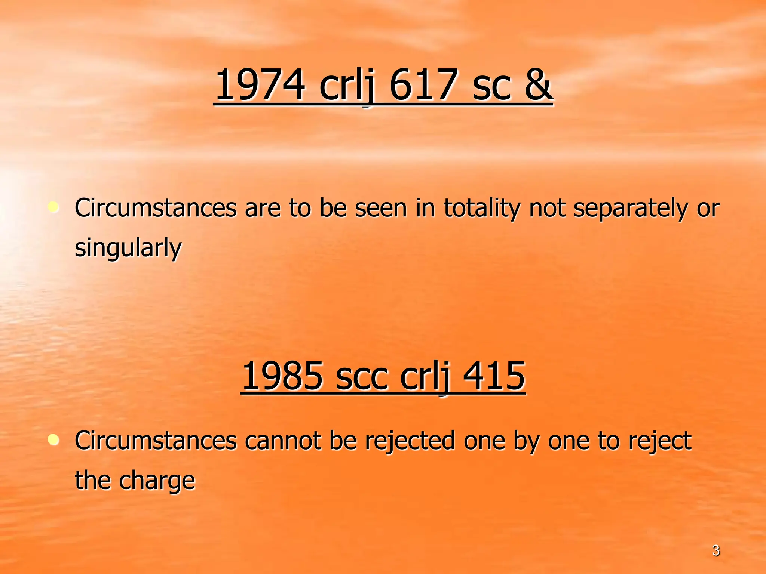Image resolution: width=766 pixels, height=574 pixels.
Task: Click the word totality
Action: (482, 208)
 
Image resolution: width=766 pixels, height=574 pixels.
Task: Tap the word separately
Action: (630, 209)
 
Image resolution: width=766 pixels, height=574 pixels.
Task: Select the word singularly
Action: (128, 248)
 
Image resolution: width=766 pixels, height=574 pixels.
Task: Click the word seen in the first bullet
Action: (380, 208)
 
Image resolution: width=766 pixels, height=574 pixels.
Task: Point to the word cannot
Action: (283, 441)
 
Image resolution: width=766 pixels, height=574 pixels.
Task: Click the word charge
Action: (157, 481)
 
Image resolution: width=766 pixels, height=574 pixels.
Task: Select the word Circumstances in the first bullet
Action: (156, 208)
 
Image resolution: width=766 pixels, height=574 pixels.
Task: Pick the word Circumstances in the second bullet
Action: (156, 441)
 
